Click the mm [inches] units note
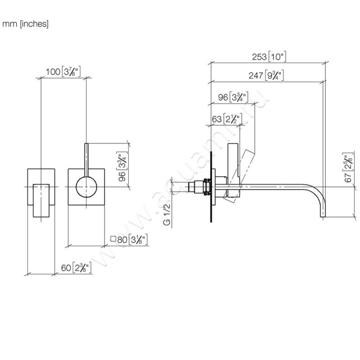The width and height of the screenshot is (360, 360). [x=25, y=24]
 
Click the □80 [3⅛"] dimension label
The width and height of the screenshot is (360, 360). [x=129, y=239]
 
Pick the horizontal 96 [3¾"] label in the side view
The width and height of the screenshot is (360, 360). [x=234, y=97]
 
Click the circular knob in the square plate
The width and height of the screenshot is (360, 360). [x=85, y=186]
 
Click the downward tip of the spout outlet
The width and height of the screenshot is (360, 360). [x=323, y=217]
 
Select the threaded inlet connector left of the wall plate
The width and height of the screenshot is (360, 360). [x=201, y=186]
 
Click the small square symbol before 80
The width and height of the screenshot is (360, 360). [x=113, y=239]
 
